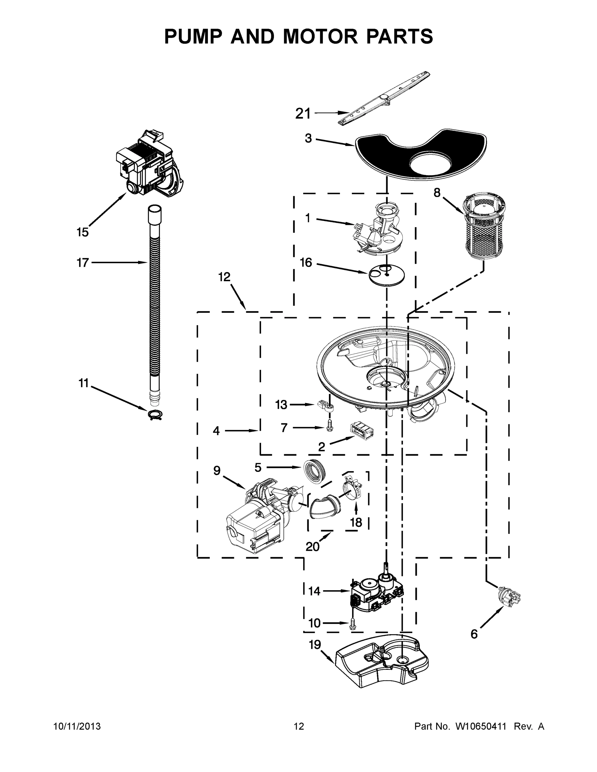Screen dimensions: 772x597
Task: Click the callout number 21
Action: point(303,114)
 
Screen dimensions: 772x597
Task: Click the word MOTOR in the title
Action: point(320,36)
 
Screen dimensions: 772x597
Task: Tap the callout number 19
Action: point(314,644)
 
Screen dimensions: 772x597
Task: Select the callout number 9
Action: point(217,471)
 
